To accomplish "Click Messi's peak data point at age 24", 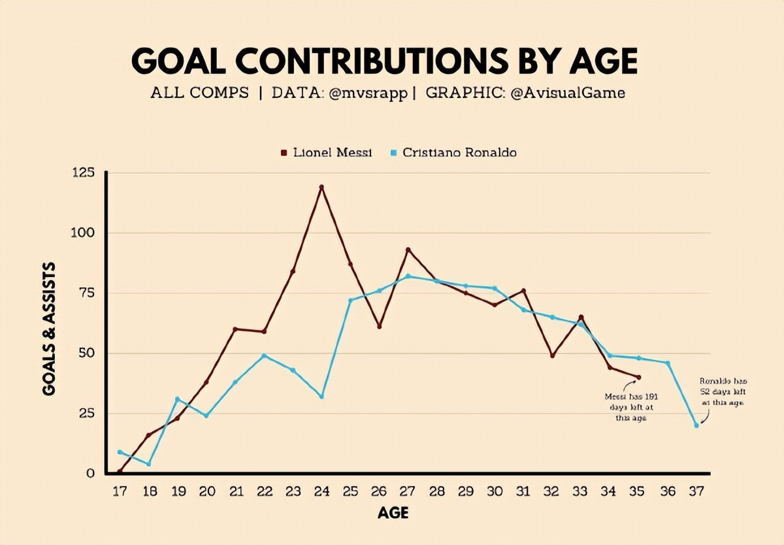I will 321,187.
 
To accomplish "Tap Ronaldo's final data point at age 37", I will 696,425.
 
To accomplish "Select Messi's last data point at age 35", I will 639,377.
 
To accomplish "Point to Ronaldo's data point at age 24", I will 321,397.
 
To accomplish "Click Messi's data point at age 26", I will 379,326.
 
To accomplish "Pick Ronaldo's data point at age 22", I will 264,355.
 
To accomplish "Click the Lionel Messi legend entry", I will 326,153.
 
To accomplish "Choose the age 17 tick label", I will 120,491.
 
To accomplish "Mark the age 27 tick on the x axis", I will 408,491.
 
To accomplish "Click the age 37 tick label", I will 696,491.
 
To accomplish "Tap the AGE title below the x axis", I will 393,514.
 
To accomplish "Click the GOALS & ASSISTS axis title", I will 49,329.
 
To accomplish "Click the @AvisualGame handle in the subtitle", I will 567,93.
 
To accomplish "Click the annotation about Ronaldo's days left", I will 721,391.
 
